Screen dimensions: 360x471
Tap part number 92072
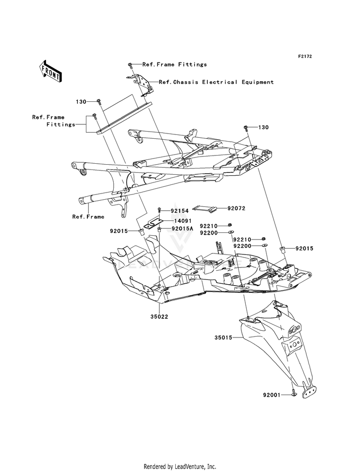[236, 208]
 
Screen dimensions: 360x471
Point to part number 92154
[180, 211]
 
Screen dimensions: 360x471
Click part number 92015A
[182, 229]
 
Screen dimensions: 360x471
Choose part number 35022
[159, 316]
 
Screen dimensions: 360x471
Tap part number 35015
[223, 338]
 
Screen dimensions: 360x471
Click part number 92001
[271, 395]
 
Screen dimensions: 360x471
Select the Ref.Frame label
[88, 217]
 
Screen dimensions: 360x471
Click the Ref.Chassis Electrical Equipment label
[216, 82]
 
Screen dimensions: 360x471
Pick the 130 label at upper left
[81, 102]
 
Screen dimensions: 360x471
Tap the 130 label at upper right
[264, 127]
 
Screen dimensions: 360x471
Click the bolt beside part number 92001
[293, 393]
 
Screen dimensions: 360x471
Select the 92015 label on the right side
[304, 248]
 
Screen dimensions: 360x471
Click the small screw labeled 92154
[160, 211]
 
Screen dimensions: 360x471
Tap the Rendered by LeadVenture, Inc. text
[180, 467]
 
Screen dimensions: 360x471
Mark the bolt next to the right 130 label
[246, 129]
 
